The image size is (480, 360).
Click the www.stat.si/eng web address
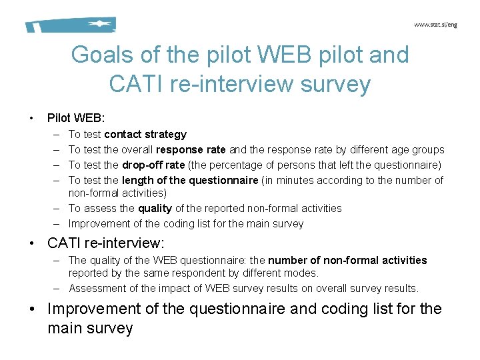click(435, 25)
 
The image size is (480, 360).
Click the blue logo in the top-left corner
click(71, 25)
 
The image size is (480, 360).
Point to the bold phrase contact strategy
click(145, 135)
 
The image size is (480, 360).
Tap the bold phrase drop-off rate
click(153, 165)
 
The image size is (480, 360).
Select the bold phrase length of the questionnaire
click(190, 180)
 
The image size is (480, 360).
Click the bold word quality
click(155, 209)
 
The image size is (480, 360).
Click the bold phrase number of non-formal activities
click(347, 260)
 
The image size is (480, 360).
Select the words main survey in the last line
click(91, 329)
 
